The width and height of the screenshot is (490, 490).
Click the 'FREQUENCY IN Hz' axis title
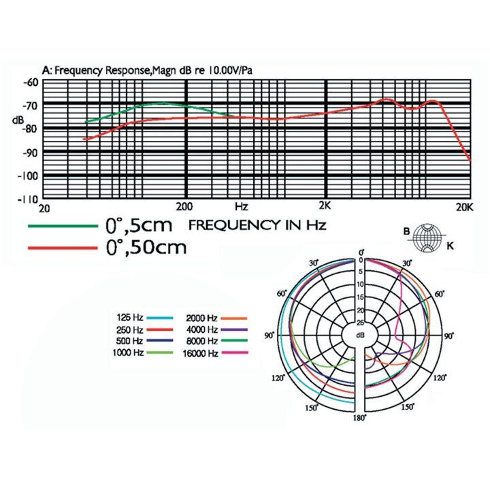tap(257, 225)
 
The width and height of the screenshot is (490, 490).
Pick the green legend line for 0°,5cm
tap(61, 225)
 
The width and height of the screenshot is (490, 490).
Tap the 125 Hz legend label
tap(129, 318)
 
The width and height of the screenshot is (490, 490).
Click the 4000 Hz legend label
tap(201, 329)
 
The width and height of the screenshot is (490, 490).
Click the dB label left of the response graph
tap(37, 120)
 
